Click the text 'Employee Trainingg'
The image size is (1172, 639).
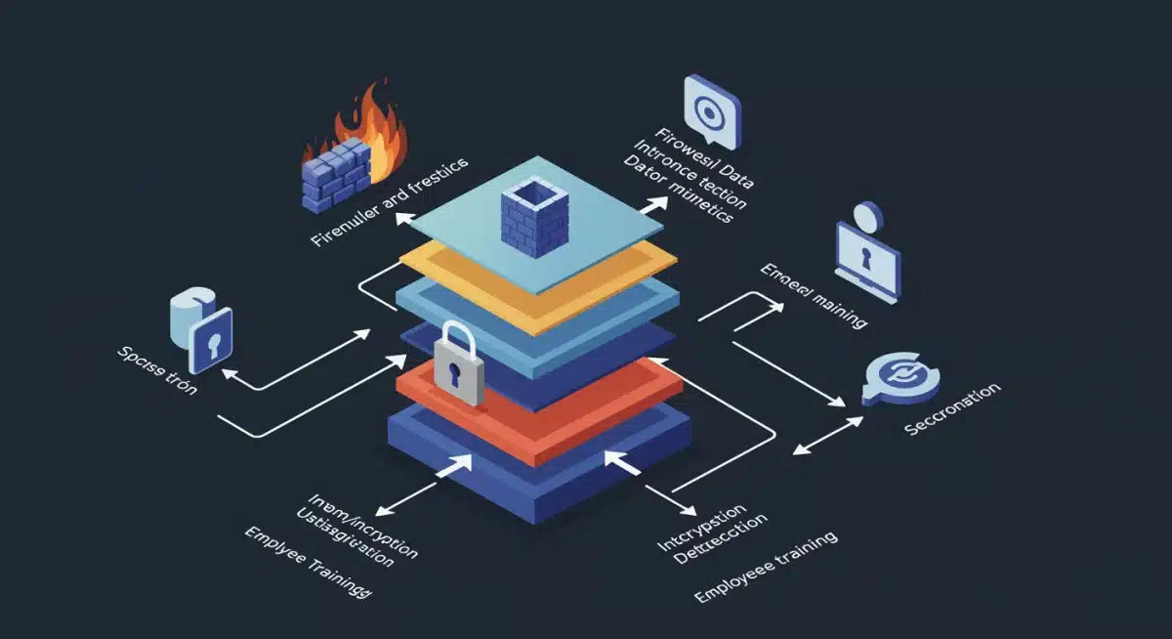[309, 563]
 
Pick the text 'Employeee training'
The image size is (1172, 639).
[766, 568]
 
